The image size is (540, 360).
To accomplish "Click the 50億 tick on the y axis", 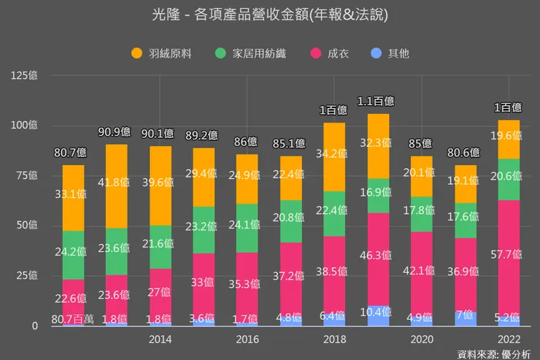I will pyautogui.click(x=27, y=226).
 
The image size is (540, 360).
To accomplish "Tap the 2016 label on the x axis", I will pyautogui.click(x=247, y=340).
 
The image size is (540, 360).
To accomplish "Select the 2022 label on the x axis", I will pyautogui.click(x=509, y=340).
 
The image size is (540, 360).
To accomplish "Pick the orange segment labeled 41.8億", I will pyautogui.click(x=116, y=186).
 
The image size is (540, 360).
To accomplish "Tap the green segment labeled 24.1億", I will pyautogui.click(x=247, y=228).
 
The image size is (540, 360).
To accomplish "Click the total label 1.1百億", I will pyautogui.click(x=378, y=101).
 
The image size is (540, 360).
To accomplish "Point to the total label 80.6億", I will pyautogui.click(x=465, y=153).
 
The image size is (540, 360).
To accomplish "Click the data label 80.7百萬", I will pyautogui.click(x=73, y=318).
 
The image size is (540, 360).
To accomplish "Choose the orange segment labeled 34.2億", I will pyautogui.click(x=334, y=157).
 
